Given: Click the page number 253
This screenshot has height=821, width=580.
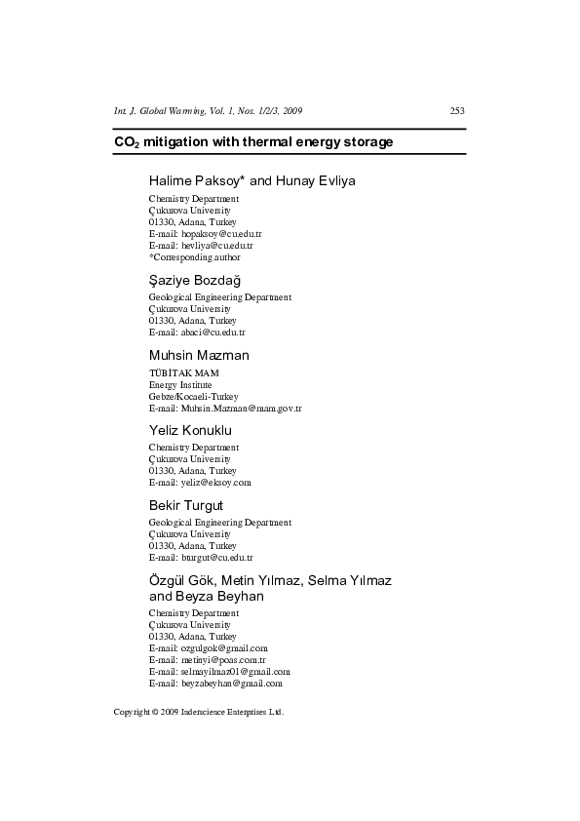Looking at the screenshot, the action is [457, 110].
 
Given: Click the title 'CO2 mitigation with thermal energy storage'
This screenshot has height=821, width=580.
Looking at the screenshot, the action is [253, 142].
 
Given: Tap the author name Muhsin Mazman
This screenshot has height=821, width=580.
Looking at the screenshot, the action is [199, 356].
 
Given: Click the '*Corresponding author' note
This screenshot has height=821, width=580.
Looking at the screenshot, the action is [194, 257].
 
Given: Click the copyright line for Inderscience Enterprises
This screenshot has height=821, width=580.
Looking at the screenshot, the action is [198, 712].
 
